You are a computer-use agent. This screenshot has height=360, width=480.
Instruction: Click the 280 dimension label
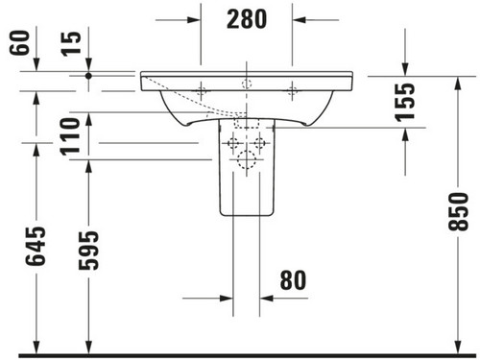click(x=247, y=19)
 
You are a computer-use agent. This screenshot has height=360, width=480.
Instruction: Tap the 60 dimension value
click(x=20, y=42)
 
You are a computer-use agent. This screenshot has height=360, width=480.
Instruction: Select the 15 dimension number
click(x=72, y=44)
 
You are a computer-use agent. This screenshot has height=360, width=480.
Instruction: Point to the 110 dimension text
click(x=70, y=136)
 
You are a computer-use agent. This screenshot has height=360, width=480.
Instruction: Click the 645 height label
click(x=36, y=247)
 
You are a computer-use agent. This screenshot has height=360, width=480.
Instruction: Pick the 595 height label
click(x=88, y=251)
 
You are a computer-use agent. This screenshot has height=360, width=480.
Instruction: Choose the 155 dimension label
click(x=405, y=103)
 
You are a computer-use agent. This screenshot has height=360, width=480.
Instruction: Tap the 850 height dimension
click(x=458, y=211)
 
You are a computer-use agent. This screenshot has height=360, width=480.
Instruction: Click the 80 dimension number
click(x=293, y=280)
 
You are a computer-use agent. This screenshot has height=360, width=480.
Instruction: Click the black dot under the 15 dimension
click(x=88, y=76)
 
